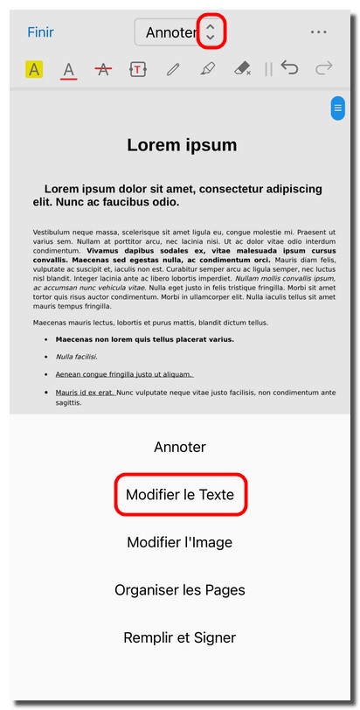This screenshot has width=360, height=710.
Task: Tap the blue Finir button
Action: pos(40,32)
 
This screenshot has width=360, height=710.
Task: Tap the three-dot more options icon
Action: pos(319,32)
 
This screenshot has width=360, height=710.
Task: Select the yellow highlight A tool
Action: pos(34,69)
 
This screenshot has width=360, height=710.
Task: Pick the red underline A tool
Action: pos(69,70)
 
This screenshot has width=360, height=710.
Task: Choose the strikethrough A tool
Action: pos(104,69)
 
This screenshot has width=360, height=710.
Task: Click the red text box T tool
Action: pos(138,69)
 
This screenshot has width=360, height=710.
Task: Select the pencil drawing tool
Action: pos(173,69)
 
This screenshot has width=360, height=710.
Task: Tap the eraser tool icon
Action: pos(243,69)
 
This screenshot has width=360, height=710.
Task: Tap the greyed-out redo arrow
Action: pos(324,69)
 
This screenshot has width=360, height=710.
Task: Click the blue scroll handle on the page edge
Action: pos(337,108)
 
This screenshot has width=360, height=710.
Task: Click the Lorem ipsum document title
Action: pos(182,145)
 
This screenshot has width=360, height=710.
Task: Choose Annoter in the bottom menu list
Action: pos(180,447)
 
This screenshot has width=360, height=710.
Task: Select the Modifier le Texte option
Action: pos(180,495)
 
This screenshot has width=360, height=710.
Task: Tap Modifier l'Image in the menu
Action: pos(180,542)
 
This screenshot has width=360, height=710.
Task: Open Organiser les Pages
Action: pos(180,590)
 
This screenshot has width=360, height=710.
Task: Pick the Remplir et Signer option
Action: pos(180,637)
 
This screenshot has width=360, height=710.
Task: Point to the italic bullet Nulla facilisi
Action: pos(77,357)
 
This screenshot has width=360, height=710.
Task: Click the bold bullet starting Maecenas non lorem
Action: pos(144,339)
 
